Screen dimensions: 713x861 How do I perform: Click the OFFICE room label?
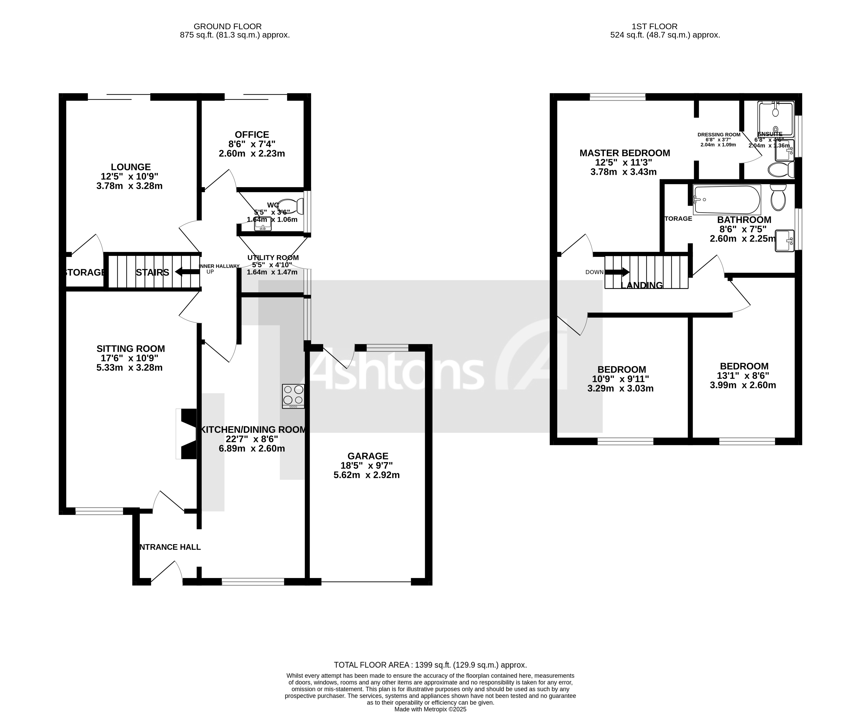click(252, 135)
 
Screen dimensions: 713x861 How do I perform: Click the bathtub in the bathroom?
click(726, 200)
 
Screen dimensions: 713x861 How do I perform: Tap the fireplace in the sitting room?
click(187, 434)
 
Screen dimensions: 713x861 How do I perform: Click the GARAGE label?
click(368, 456)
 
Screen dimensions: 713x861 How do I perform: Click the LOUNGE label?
click(131, 167)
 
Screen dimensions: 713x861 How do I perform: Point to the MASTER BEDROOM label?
click(624, 153)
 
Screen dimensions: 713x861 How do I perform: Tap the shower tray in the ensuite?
click(776, 119)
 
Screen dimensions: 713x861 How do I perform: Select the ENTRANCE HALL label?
click(169, 547)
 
